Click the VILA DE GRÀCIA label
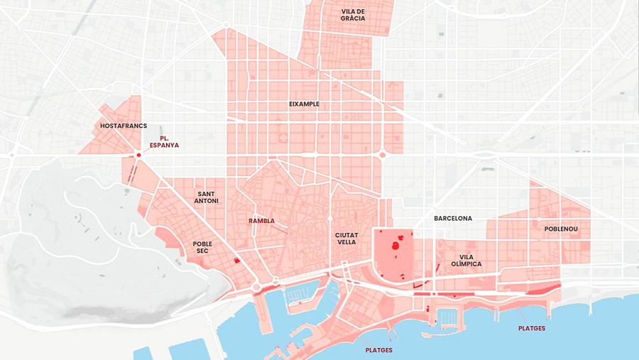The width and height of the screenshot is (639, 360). click(353, 15)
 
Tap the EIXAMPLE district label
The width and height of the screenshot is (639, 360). click(304, 104)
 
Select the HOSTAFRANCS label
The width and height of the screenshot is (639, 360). click(124, 126)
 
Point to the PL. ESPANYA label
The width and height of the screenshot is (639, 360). click(163, 141)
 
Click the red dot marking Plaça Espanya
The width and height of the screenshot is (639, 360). click(139, 154)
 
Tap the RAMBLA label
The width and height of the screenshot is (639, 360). click(261, 221)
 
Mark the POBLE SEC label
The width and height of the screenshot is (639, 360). click(202, 248)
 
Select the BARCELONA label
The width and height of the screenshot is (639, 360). click(453, 218)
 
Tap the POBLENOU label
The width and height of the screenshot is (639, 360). click(561, 229)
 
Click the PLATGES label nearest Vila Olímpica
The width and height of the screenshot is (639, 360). click(532, 328)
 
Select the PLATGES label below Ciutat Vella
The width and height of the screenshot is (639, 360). click(378, 350)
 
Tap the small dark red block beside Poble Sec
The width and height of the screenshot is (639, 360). click(237, 261)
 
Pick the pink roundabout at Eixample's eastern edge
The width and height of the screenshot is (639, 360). click(382, 154)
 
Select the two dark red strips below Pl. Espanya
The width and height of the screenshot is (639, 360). click(131, 174)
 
